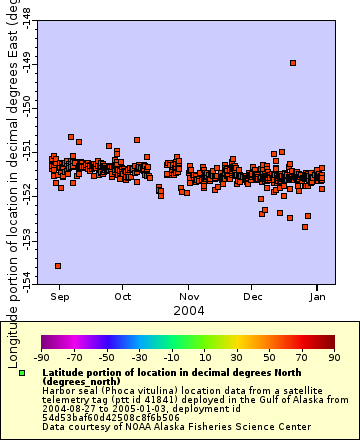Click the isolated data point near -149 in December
pyautogui.click(x=292, y=63)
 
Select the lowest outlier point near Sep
pyautogui.click(x=58, y=265)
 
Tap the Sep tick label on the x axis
pyautogui.click(x=59, y=296)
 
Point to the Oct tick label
pyautogui.click(x=123, y=296)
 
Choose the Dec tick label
pyautogui.click(x=253, y=296)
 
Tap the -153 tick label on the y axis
pyautogui.click(x=24, y=237)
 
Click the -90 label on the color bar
pyautogui.click(x=41, y=357)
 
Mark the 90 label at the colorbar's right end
pyautogui.click(x=334, y=357)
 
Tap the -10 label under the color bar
pyautogui.click(x=171, y=357)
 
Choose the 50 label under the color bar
pyautogui.click(x=269, y=357)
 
